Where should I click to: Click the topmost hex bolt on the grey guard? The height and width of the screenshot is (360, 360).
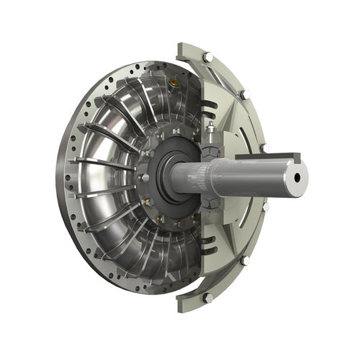pyautogui.click(x=207, y=56)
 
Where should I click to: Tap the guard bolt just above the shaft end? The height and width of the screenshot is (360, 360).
pyautogui.click(x=263, y=148)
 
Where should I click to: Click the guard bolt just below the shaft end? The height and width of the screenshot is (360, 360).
pyautogui.click(x=265, y=207)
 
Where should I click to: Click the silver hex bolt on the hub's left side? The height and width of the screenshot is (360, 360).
pyautogui.click(x=144, y=176)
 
